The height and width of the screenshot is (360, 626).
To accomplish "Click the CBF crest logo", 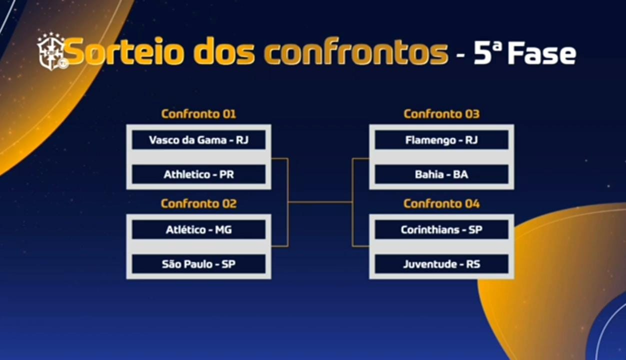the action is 51,51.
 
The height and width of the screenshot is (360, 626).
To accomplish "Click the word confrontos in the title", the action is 356,52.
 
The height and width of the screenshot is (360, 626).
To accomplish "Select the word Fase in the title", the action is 541,53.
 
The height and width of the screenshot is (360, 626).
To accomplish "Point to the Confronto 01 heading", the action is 198,114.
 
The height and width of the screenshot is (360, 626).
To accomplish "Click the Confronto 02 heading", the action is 198,204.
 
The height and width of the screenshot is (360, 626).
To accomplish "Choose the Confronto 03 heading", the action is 441,114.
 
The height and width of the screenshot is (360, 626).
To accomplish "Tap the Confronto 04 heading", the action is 441,204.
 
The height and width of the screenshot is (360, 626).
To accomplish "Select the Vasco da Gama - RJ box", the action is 198,140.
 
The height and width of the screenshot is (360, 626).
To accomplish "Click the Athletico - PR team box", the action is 198,174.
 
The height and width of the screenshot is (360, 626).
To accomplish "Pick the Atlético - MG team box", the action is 198,229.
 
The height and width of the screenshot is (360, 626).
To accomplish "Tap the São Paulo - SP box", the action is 198,264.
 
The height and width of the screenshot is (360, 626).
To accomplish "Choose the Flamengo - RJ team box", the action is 441,140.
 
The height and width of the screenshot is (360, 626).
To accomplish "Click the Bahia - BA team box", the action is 441,174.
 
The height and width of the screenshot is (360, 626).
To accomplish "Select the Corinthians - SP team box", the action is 441,229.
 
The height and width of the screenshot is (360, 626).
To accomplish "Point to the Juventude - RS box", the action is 441,264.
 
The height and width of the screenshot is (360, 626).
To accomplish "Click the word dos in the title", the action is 224,52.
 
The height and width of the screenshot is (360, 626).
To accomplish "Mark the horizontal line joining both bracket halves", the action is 320,202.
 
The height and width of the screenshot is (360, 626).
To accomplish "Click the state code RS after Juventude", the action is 473,264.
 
